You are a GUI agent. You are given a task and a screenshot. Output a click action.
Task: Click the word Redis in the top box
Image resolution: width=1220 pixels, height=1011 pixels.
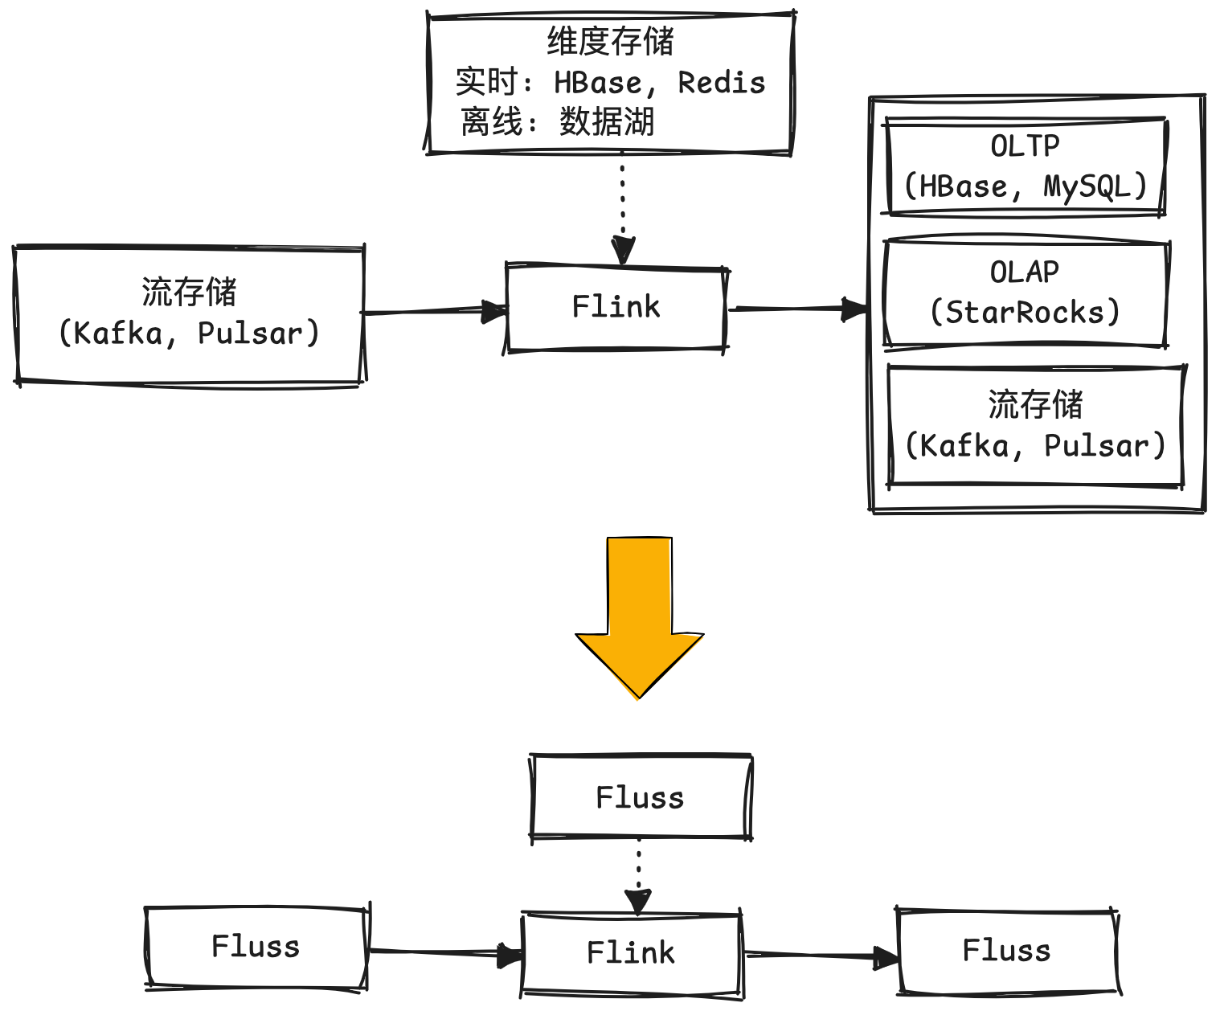click(721, 83)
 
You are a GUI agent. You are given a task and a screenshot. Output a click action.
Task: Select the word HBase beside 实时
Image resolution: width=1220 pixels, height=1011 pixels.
click(598, 83)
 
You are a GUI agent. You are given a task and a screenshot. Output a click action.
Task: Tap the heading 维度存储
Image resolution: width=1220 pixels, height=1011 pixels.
click(610, 42)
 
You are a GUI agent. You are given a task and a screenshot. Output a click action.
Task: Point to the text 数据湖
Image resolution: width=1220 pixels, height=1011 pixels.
click(607, 122)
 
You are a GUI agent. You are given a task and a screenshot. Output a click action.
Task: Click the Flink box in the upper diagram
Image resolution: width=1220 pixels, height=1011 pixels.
click(616, 307)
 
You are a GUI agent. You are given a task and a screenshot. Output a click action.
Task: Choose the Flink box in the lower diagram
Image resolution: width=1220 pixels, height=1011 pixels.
click(631, 953)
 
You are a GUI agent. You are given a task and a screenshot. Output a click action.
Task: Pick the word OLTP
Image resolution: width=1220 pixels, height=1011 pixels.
click(1025, 146)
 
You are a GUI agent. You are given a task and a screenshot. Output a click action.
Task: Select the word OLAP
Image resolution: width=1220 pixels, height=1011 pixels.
click(1025, 272)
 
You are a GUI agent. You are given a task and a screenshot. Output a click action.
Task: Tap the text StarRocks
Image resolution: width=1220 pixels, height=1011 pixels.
click(1025, 312)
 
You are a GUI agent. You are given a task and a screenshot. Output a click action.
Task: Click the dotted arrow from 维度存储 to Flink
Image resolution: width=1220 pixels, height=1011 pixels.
click(622, 205)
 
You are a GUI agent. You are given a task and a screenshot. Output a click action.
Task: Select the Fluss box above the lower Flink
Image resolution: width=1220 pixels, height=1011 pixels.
click(640, 797)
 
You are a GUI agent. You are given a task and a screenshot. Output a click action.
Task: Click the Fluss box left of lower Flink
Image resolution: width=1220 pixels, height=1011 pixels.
click(256, 947)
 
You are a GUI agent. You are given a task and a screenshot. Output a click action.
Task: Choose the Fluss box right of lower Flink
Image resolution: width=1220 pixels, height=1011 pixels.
click(1006, 951)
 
